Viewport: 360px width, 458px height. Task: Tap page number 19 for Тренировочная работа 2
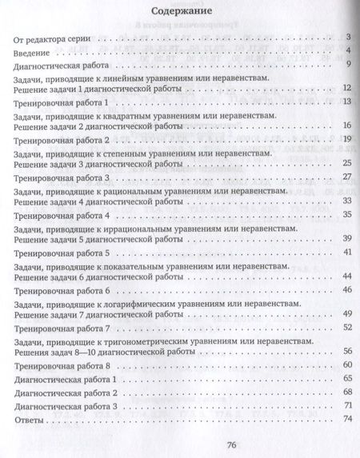pos(346,139)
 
